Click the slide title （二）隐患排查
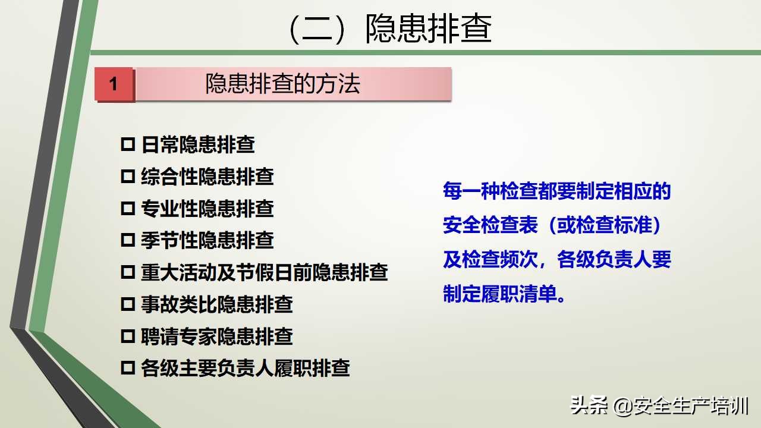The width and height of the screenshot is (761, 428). (389, 29)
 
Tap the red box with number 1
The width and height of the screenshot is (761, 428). (114, 84)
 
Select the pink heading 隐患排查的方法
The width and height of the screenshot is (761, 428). (283, 84)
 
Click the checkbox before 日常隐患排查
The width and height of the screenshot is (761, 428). (128, 144)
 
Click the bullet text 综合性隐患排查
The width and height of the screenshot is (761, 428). (207, 177)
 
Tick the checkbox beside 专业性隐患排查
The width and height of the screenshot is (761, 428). (128, 209)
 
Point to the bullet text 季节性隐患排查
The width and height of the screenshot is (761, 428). (207, 240)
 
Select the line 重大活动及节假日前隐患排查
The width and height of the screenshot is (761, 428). (264, 272)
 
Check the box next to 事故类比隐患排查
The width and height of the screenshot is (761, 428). (128, 304)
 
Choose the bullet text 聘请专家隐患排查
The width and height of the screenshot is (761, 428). (216, 336)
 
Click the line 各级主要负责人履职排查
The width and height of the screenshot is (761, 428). (245, 368)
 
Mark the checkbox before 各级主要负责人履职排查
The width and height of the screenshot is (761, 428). (128, 368)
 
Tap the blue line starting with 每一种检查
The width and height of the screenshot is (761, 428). (556, 191)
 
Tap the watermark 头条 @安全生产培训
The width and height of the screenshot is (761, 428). (659, 406)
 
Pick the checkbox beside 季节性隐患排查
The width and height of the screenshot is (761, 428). (128, 240)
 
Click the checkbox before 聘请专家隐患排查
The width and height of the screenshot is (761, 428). (128, 336)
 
